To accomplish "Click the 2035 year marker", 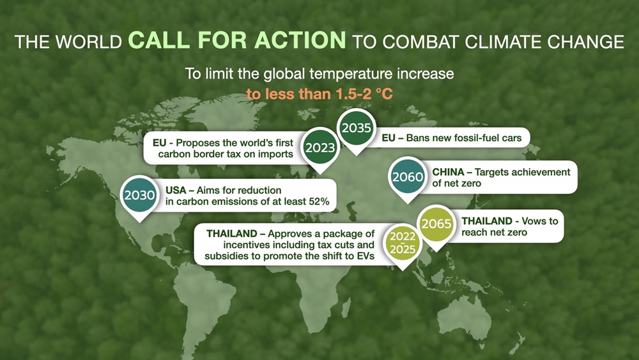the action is click(x=356, y=129).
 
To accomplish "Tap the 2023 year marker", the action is click(x=320, y=148).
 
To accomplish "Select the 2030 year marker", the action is click(x=139, y=196).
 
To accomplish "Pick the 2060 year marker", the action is click(x=408, y=177).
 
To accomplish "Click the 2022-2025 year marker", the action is click(x=403, y=244).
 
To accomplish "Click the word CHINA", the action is click(x=449, y=172).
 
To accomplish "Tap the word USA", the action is click(x=176, y=191).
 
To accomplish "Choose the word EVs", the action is click(x=366, y=256).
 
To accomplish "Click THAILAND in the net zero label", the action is click(x=487, y=221).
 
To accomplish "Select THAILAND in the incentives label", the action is click(x=232, y=233).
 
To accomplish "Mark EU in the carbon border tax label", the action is click(x=159, y=143).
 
